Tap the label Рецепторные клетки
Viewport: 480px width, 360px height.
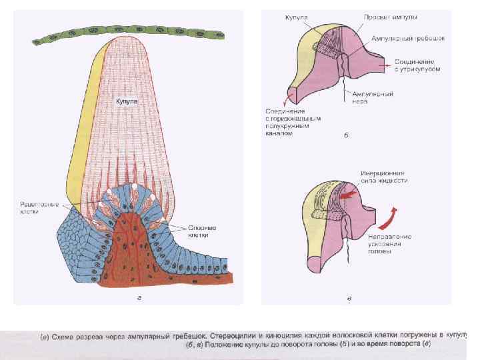[39, 207]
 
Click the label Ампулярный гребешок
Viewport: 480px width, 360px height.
[407, 38]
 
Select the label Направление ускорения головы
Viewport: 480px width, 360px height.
[389, 244]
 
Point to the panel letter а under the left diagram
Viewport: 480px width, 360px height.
[138, 297]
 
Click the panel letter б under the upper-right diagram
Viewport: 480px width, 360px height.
[346, 138]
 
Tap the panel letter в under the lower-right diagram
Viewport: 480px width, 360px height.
[349, 297]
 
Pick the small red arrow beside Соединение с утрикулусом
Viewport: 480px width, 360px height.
[383, 67]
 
